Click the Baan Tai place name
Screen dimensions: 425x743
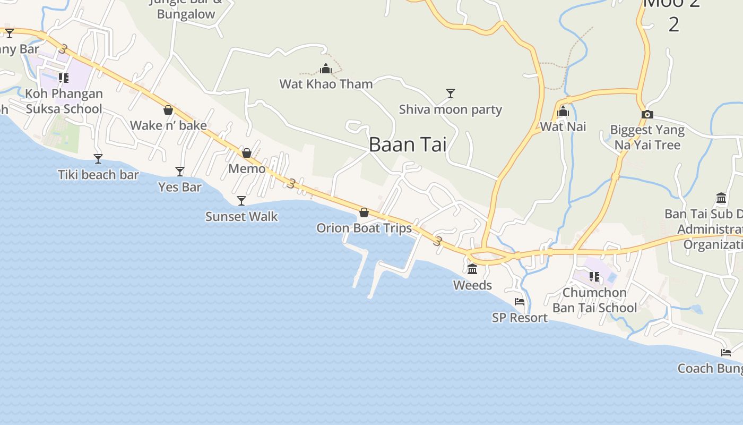tap(407, 144)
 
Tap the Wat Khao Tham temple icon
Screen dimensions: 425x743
tap(326, 69)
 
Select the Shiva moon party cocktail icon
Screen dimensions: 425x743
tap(451, 93)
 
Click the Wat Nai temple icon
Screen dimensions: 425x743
tap(564, 112)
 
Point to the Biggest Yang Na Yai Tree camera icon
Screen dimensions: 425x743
tap(647, 114)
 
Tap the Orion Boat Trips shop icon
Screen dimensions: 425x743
tap(364, 212)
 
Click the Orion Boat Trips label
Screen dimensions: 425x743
tap(364, 228)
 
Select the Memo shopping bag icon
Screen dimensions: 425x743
tap(247, 153)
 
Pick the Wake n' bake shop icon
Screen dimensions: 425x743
tap(168, 110)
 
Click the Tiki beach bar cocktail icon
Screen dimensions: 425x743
tap(98, 158)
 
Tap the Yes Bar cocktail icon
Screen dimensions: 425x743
tap(180, 171)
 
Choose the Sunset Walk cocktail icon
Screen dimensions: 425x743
tap(241, 200)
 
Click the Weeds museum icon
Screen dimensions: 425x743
tap(472, 269)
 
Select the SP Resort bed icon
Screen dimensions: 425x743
tap(520, 302)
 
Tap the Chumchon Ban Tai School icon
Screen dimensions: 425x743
tap(594, 277)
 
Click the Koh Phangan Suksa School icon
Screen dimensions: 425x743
tap(64, 78)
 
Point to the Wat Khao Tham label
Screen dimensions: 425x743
tap(326, 84)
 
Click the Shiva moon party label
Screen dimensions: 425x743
tap(451, 109)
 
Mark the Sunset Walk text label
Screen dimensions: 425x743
tap(241, 217)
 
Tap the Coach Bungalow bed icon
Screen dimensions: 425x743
tap(726, 353)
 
